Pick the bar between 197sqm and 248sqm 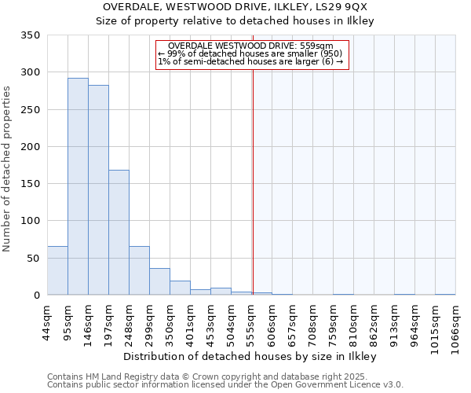coord(119,233)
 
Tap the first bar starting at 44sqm coord(57,270)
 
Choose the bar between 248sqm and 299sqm coord(139,270)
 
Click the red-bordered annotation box coord(251,55)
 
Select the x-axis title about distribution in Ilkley coord(250,356)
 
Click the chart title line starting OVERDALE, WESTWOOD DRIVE coord(235,7)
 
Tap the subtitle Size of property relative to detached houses coord(235,21)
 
